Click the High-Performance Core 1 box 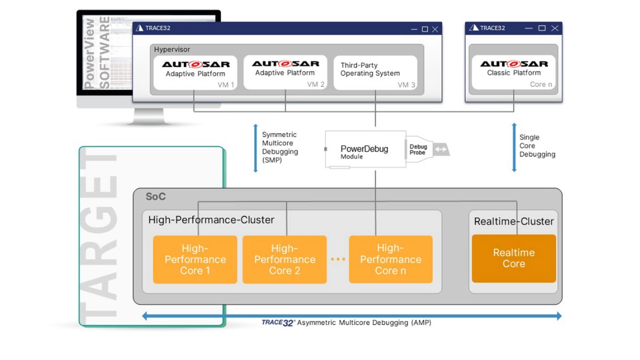[195, 260]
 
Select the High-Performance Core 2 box [285, 260]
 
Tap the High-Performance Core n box [391, 260]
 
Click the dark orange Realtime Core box [514, 259]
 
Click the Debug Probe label [418, 150]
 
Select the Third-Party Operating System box [375, 73]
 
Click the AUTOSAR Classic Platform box [513, 72]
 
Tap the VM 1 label [226, 85]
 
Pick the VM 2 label [315, 84]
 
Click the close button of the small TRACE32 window [555, 28]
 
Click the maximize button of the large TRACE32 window [425, 29]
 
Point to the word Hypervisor [172, 49]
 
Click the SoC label [155, 197]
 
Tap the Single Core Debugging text [537, 146]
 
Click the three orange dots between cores [338, 259]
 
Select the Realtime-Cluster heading [513, 222]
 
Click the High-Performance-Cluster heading [211, 220]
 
